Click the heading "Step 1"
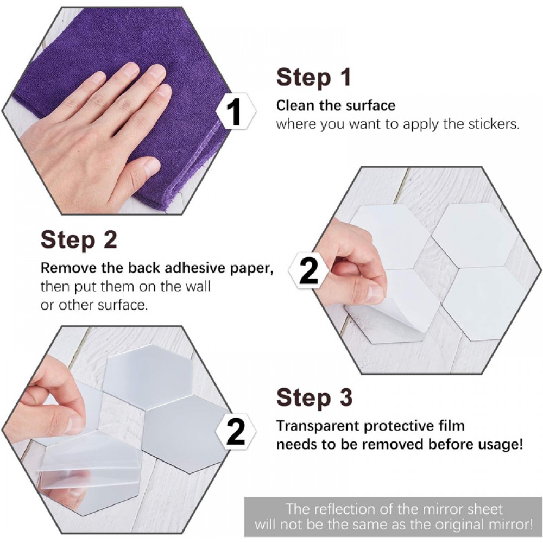[314, 77]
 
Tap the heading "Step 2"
[79, 239]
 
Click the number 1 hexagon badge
[236, 111]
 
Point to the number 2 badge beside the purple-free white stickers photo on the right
[308, 270]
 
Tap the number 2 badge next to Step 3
[236, 431]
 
